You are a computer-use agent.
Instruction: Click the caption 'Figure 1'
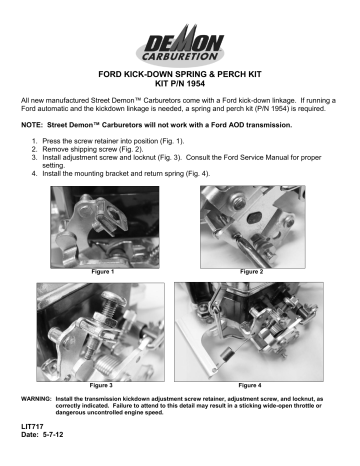tap(102, 271)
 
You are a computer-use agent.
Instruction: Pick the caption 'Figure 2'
tap(253, 271)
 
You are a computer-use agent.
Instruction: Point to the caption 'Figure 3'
tap(102, 384)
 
